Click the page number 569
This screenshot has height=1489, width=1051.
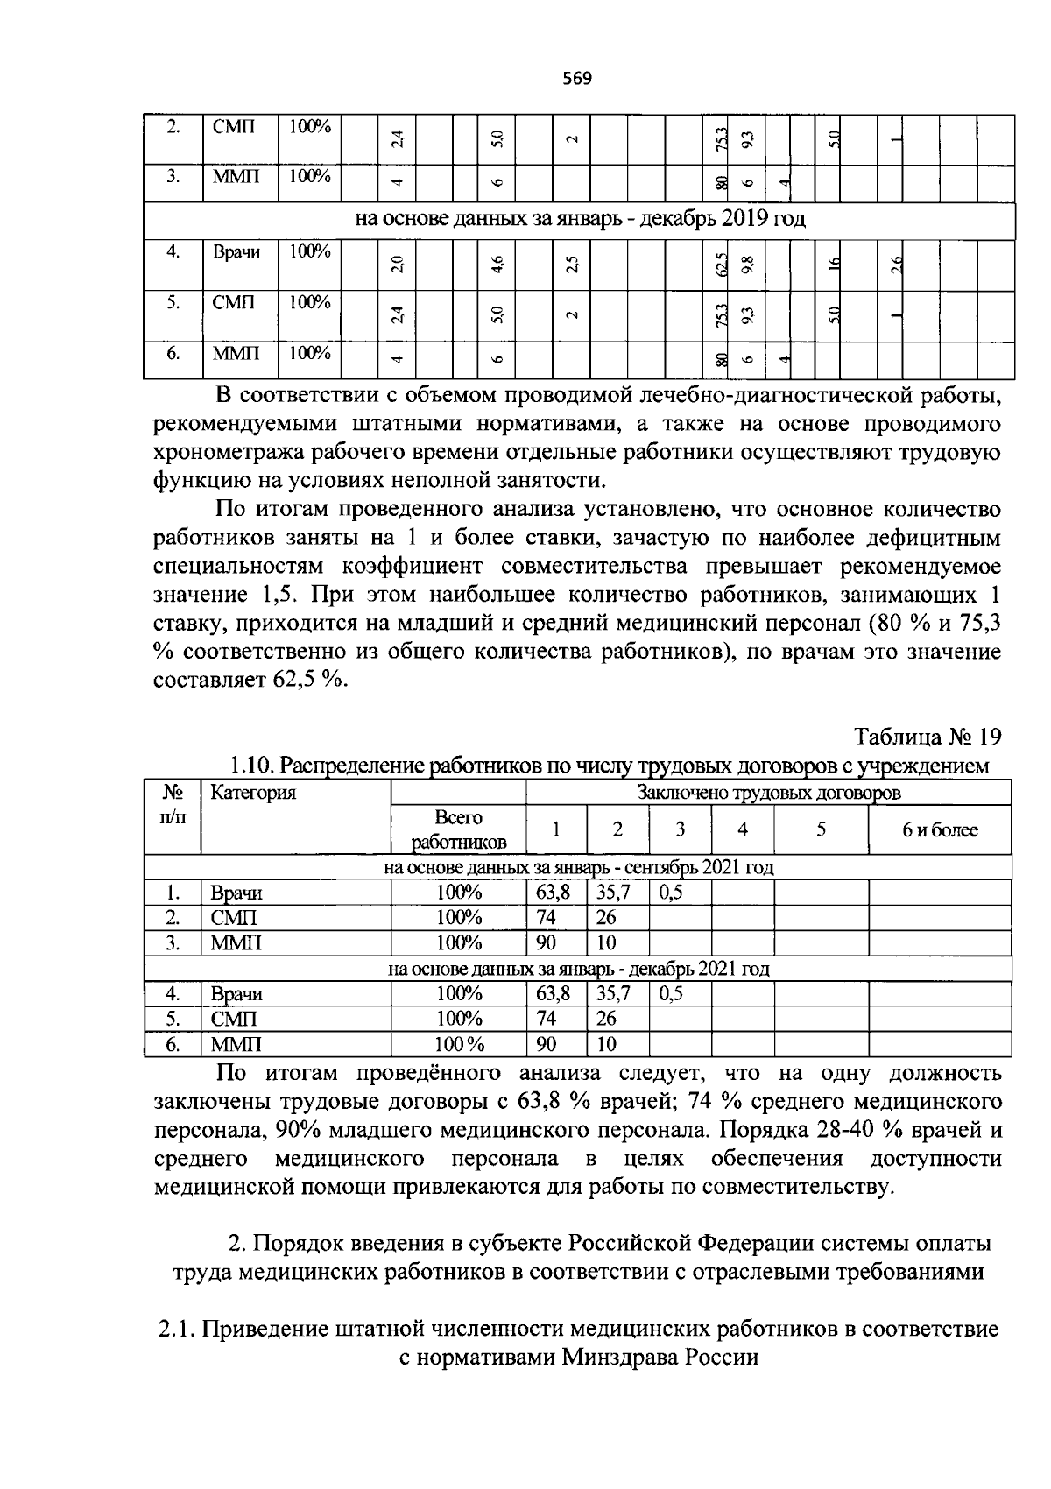(577, 79)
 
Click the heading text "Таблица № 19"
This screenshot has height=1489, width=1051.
(928, 736)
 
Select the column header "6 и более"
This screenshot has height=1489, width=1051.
(940, 829)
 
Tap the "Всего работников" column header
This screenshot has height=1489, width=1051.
(458, 829)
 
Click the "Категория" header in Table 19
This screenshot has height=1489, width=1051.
(254, 793)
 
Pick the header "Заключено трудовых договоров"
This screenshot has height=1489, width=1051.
(768, 793)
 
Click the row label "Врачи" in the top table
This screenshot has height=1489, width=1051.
(236, 252)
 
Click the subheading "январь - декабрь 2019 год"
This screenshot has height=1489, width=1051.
(680, 219)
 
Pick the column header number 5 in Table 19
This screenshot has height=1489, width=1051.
(821, 829)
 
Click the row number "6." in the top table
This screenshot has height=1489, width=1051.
(173, 354)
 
